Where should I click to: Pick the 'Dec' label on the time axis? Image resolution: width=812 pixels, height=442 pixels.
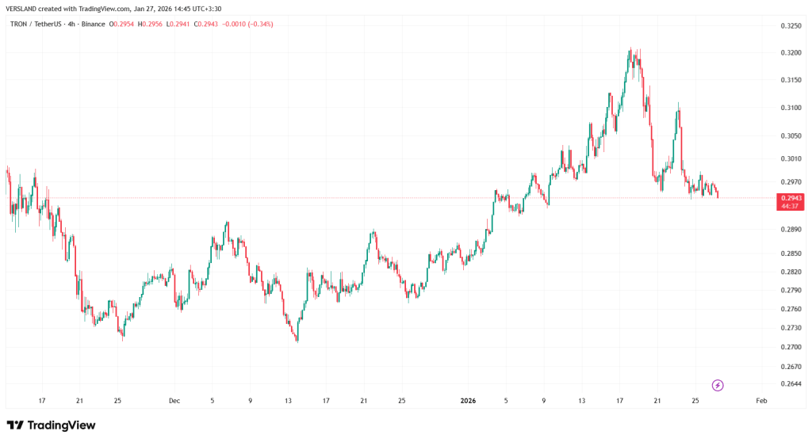pos(174,401)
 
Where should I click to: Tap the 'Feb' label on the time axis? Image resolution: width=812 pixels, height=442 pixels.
pos(760,401)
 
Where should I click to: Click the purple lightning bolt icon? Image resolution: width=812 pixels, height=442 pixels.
pos(718,385)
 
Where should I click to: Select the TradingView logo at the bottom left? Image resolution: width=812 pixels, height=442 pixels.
pos(52,425)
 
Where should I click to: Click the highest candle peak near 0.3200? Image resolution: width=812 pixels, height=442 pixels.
pos(630,48)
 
